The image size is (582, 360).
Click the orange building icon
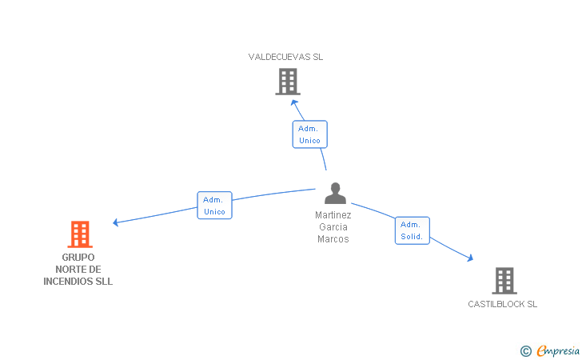pyautogui.click(x=80, y=234)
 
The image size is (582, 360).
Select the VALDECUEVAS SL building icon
pyautogui.click(x=288, y=82)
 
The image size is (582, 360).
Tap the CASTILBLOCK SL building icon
pyautogui.click(x=504, y=281)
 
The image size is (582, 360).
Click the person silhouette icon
pyautogui.click(x=335, y=193)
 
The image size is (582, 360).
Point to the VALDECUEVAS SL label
pyautogui.click(x=285, y=57)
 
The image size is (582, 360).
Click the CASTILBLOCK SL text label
pyautogui.click(x=502, y=304)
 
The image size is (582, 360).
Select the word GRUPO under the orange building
pyautogui.click(x=78, y=257)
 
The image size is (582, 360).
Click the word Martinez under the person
pyautogui.click(x=333, y=214)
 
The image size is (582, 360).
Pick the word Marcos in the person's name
pyautogui.click(x=333, y=239)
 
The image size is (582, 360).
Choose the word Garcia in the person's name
pyautogui.click(x=333, y=226)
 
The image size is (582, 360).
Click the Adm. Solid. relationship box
pyautogui.click(x=412, y=230)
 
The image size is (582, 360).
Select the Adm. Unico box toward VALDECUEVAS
pyautogui.click(x=309, y=134)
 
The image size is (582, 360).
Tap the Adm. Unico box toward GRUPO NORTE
pyautogui.click(x=214, y=205)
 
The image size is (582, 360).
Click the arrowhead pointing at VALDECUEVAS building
pyautogui.click(x=294, y=103)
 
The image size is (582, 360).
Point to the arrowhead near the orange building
pyautogui.click(x=116, y=222)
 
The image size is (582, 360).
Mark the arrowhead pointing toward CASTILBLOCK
pyautogui.click(x=470, y=258)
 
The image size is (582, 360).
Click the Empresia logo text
pyautogui.click(x=558, y=350)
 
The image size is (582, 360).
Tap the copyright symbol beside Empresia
pyautogui.click(x=526, y=351)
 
